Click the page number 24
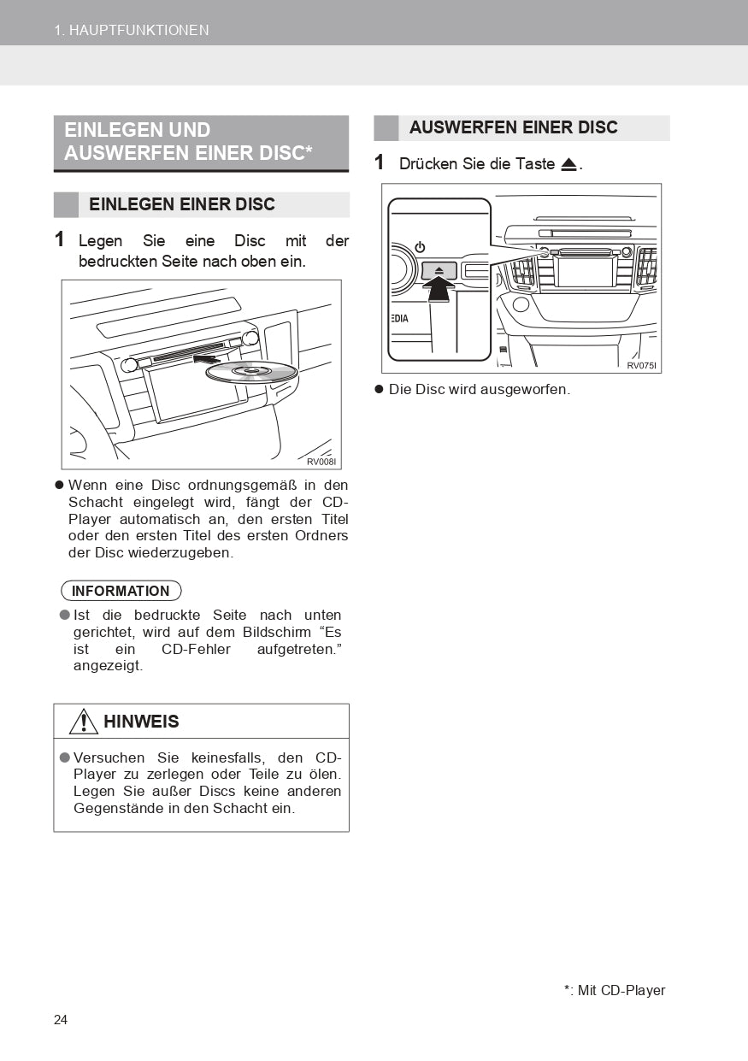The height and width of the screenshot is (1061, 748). (61, 1020)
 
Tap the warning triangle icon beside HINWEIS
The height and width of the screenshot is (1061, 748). (84, 722)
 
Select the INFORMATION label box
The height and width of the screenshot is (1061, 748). (121, 591)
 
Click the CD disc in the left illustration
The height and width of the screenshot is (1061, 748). (251, 372)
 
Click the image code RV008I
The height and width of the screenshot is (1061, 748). (321, 462)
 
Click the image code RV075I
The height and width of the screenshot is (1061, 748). (641, 365)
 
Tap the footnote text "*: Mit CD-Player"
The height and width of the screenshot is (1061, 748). (614, 990)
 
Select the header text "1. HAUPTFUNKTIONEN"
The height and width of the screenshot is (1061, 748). (132, 30)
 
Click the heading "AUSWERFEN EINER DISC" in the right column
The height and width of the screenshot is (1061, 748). (513, 127)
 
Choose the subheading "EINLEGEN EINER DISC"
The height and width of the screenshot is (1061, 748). (182, 204)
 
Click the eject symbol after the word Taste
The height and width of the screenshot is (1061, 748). (569, 164)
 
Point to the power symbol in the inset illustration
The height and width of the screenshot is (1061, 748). (420, 247)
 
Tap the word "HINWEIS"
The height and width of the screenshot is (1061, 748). (141, 722)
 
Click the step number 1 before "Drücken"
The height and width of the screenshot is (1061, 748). (380, 162)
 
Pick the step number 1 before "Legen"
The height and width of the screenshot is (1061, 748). (60, 240)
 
